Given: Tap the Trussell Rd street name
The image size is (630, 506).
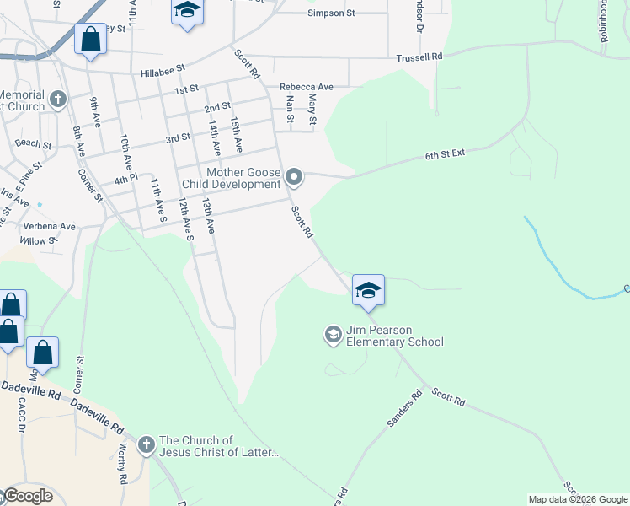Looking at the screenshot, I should pyautogui.click(x=419, y=57).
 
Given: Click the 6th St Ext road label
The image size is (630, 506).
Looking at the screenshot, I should pyautogui.click(x=446, y=155).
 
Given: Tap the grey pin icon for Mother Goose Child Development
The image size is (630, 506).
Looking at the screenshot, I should pyautogui.click(x=294, y=177).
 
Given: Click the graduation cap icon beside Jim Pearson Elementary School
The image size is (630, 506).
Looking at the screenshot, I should pyautogui.click(x=333, y=335).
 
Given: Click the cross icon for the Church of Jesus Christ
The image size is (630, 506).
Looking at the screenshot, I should pyautogui.click(x=146, y=444).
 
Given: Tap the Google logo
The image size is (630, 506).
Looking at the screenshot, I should pyautogui.click(x=27, y=496).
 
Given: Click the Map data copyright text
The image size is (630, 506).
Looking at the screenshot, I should pyautogui.click(x=578, y=499).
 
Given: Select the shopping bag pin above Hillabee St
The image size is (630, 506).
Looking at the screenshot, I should pyautogui.click(x=90, y=40).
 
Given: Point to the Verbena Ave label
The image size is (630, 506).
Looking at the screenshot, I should pyautogui.click(x=49, y=227).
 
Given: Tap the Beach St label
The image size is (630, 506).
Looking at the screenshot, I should pyautogui.click(x=34, y=144).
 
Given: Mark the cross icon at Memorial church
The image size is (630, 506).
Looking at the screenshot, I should pyautogui.click(x=57, y=100).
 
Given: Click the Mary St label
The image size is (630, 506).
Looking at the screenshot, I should pyautogui.click(x=312, y=109).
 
